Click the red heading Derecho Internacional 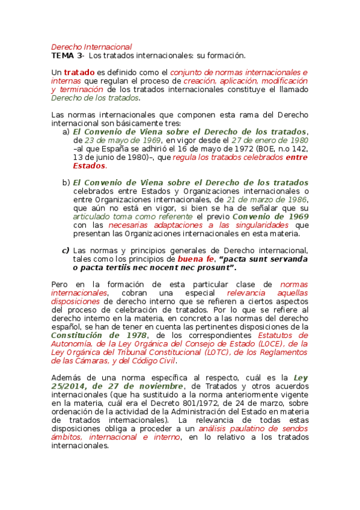click(x=91, y=46)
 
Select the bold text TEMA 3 click(x=67, y=55)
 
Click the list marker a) click(x=66, y=132)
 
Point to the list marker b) click(x=66, y=182)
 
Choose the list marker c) click(x=66, y=250)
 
